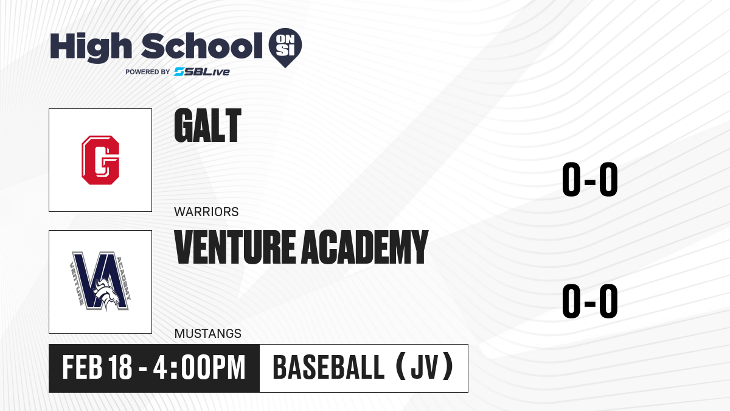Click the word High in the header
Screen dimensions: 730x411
coord(91,47)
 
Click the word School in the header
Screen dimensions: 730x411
coord(202,46)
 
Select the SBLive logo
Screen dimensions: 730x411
coord(202,72)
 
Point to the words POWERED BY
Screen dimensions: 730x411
coord(148,72)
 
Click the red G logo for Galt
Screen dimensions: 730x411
coord(100,160)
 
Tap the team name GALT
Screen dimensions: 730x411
coord(207,125)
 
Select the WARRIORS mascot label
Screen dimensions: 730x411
coord(206,212)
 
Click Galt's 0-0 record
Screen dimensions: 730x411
coord(590,179)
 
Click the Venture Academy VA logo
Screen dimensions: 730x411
coord(100,281)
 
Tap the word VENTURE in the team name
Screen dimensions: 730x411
coord(235,247)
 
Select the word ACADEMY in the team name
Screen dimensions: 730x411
coord(364,247)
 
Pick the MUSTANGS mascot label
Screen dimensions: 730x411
coord(207,334)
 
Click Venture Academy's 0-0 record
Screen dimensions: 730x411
coord(590,301)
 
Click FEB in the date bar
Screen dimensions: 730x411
coord(82,367)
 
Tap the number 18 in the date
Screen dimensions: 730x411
coord(120,367)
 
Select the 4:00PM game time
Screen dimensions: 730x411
coord(199,367)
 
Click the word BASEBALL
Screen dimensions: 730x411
coord(328,367)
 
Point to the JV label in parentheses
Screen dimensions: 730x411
coord(425,367)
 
